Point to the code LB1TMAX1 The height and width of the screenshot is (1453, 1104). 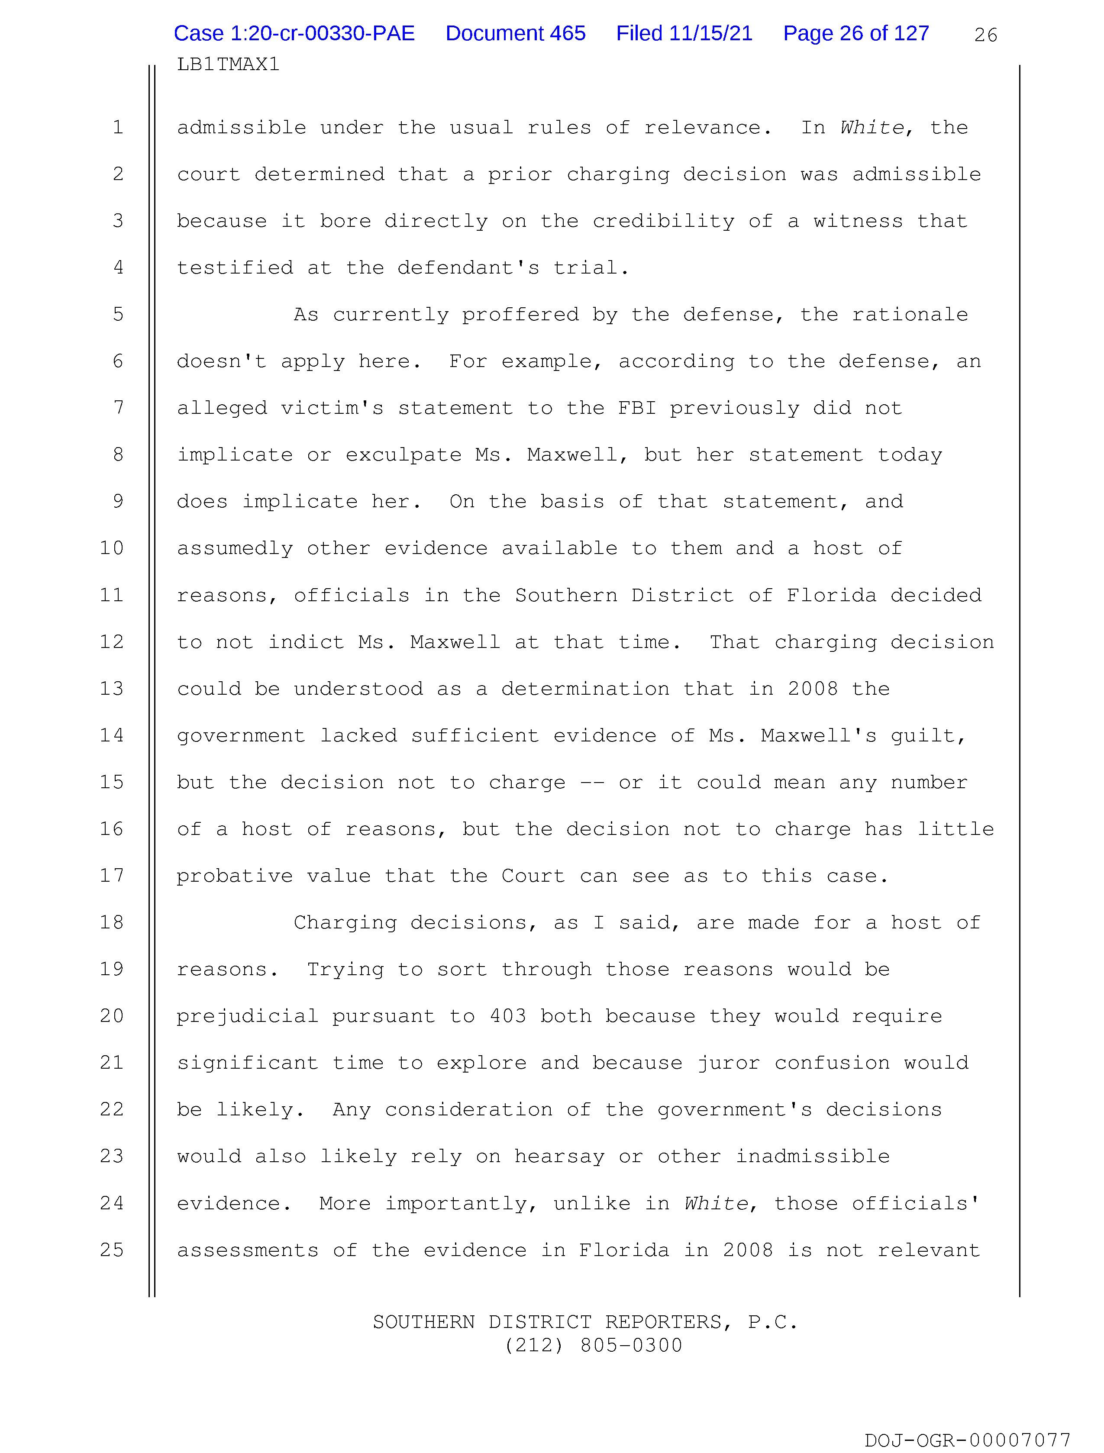pos(228,64)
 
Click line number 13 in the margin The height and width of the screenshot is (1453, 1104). pos(112,688)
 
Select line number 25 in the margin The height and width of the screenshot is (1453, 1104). pos(112,1250)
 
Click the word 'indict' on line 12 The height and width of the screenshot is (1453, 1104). pos(306,642)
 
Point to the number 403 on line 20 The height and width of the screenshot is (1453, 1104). pos(507,1016)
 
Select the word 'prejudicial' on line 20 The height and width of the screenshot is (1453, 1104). pos(248,1016)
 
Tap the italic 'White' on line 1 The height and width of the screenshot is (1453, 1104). pos(872,127)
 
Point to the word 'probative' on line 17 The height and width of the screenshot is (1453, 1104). pos(235,876)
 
